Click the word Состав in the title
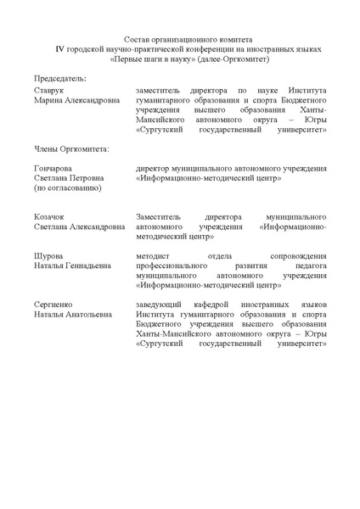click(x=137, y=40)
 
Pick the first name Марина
click(x=48, y=100)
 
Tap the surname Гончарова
click(x=53, y=169)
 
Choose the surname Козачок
click(x=50, y=218)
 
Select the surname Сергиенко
click(x=53, y=303)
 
